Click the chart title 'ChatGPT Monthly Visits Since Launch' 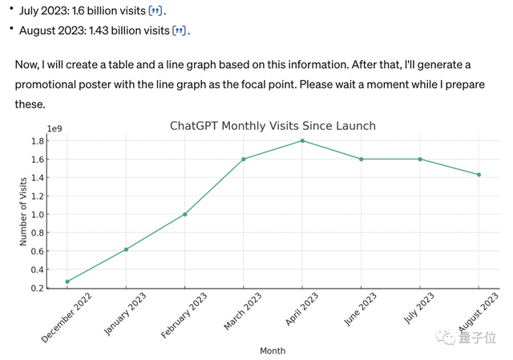273,126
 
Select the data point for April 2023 302,140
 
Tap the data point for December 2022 67,281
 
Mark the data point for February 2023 185,214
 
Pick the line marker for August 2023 479,175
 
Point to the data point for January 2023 126,249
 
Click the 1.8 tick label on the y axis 37,141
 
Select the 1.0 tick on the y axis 37,215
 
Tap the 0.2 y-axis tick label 37,289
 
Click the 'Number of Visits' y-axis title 23,212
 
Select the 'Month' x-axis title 273,350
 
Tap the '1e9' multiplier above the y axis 55,128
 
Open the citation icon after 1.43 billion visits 180,31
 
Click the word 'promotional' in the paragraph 49,84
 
